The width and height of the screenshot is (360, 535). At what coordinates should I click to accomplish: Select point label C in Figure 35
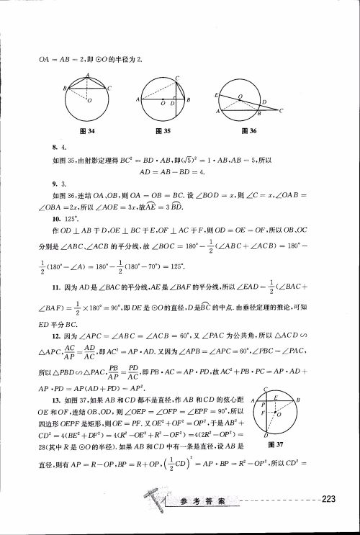click(177, 77)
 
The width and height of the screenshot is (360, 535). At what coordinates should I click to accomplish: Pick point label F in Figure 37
click(265, 416)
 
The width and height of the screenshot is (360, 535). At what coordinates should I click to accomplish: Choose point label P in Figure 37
click(265, 405)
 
